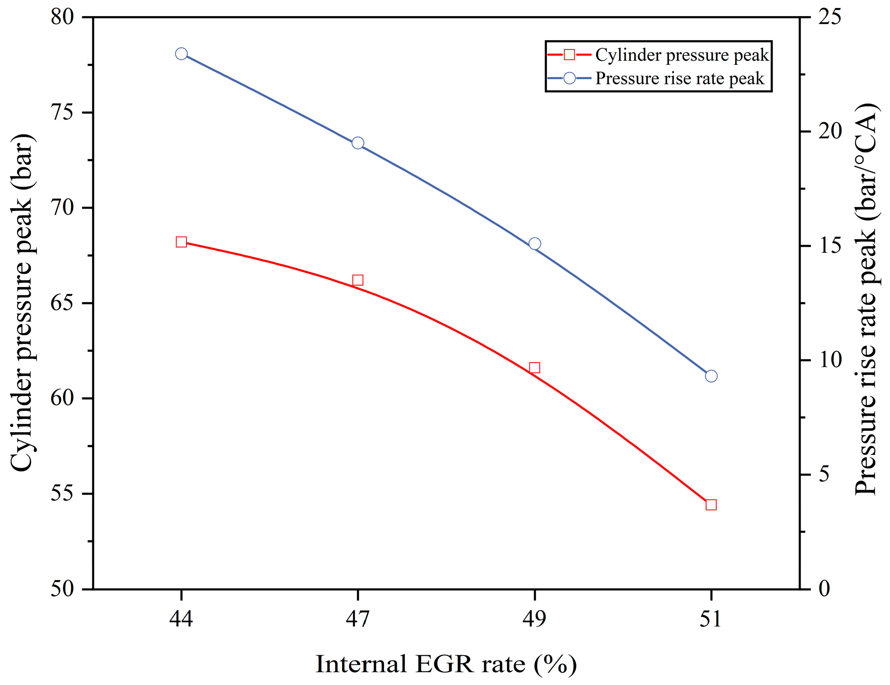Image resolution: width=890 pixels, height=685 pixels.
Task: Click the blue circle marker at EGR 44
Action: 181,54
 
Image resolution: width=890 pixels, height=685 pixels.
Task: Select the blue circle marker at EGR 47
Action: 358,143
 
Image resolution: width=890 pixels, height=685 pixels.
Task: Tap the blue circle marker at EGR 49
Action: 535,244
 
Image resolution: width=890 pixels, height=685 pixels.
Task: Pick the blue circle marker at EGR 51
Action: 711,376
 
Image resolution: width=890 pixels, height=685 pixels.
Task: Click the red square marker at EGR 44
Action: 181,242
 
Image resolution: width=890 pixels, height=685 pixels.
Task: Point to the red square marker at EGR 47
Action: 358,280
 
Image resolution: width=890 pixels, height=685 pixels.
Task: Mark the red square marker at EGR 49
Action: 535,368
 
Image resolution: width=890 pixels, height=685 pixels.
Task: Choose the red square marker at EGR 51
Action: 711,505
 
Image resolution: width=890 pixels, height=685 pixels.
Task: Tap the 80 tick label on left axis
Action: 62,17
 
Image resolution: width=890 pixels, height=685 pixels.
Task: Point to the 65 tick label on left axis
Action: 62,303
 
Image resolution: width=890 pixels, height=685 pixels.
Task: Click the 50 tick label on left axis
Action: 62,589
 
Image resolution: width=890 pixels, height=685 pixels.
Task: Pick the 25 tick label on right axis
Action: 830,17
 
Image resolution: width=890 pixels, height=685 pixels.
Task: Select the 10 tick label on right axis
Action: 830,360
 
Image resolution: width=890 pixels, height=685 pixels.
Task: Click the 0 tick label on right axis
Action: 824,589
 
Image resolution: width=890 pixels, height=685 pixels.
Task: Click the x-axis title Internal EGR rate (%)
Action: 446,664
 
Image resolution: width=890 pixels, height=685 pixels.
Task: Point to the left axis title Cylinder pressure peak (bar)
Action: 22,303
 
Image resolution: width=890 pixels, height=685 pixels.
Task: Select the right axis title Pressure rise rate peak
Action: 865,300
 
